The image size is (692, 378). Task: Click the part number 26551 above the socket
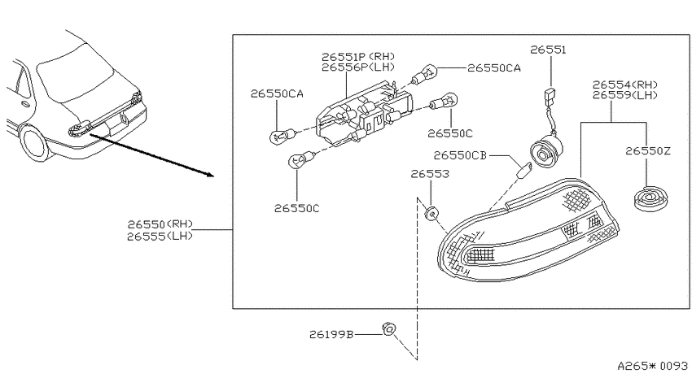548,50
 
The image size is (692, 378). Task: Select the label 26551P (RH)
358,57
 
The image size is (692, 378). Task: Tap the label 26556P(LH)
358,67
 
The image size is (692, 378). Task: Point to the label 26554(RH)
625,85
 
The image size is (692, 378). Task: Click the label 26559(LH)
625,95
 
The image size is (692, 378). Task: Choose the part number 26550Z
648,151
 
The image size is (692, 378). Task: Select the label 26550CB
460,155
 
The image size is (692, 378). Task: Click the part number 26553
430,174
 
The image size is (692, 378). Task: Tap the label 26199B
331,335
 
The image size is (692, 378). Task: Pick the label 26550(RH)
160,224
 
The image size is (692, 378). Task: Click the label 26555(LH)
160,237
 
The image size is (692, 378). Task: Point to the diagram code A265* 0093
652,366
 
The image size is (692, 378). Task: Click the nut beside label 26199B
389,329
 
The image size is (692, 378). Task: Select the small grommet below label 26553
431,214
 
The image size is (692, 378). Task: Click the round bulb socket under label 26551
547,150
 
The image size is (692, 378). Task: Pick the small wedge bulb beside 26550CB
524,170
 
